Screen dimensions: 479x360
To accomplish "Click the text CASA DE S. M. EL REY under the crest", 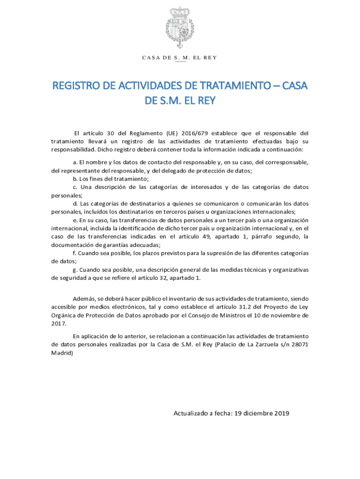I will tap(180, 58).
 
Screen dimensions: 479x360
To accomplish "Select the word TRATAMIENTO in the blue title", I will tap(222, 87).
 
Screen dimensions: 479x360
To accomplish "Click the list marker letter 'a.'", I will tap(75, 162).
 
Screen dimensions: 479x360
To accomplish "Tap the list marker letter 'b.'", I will tap(75, 179).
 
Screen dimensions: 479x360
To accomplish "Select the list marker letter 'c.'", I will tap(75, 187).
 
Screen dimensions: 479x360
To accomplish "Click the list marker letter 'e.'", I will tap(75, 220).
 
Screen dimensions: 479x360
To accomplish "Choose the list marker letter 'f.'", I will tap(75, 253).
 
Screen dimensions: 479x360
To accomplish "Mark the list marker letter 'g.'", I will tap(75, 270).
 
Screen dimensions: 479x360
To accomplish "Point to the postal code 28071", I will tap(299, 344).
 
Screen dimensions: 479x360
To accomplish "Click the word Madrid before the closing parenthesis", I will tap(61, 353).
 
